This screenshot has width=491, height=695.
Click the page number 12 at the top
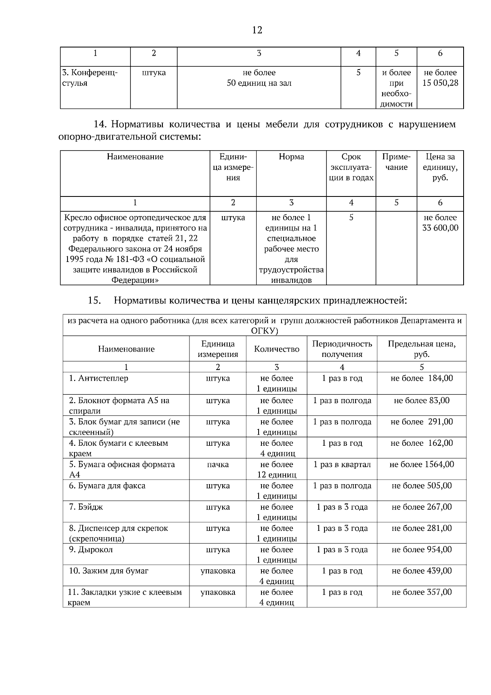pos(257,30)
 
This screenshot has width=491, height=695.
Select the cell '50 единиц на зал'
pos(259,83)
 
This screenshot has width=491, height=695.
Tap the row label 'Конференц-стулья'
pos(90,78)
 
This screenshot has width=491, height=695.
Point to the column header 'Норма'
pos(291,157)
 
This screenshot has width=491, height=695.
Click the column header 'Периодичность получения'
pos(342,349)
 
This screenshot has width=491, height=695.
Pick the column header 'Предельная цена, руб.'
pos(421,349)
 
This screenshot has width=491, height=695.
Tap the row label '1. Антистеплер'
pos(98,378)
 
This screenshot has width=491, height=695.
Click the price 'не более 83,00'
pos(421,400)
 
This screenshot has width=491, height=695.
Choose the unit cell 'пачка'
pos(218,465)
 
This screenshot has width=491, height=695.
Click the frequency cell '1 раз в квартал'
pos(342,465)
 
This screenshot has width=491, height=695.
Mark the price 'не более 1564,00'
pos(421,465)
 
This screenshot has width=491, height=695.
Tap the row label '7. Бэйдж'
pos(86,507)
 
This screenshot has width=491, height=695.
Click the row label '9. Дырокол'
pos(90,550)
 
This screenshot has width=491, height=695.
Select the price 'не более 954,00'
pos(421,550)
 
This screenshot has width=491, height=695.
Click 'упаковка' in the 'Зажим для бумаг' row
pos(218,571)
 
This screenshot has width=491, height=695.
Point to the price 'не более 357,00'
pos(421,592)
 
